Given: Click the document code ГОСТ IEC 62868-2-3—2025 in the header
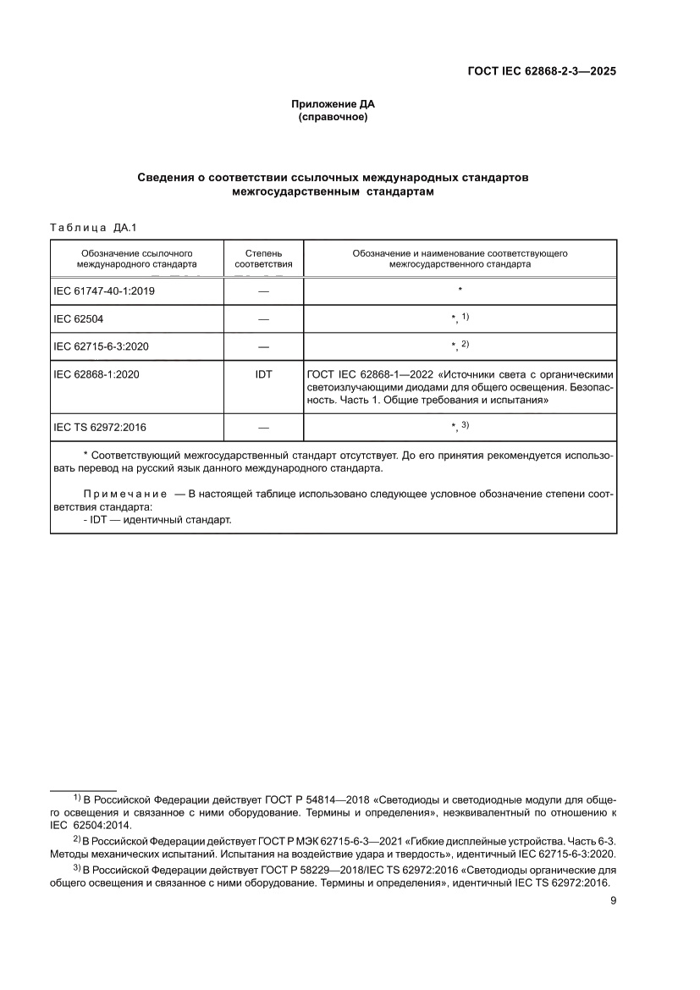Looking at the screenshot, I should pyautogui.click(x=542, y=72).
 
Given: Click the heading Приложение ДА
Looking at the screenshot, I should pyautogui.click(x=333, y=104).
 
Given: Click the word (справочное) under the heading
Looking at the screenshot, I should pyautogui.click(x=333, y=117).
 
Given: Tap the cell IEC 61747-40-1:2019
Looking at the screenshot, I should pyautogui.click(x=104, y=290).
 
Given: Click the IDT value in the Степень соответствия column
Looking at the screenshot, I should pyautogui.click(x=263, y=373).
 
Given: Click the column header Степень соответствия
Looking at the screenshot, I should pyautogui.click(x=263, y=258).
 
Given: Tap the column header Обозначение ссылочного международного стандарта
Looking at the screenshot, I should pyautogui.click(x=136, y=258).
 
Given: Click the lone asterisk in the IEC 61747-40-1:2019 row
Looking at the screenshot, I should pyautogui.click(x=460, y=290).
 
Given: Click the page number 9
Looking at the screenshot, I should pyautogui.click(x=613, y=900).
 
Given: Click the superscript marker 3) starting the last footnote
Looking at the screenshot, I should pyautogui.click(x=76, y=869).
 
